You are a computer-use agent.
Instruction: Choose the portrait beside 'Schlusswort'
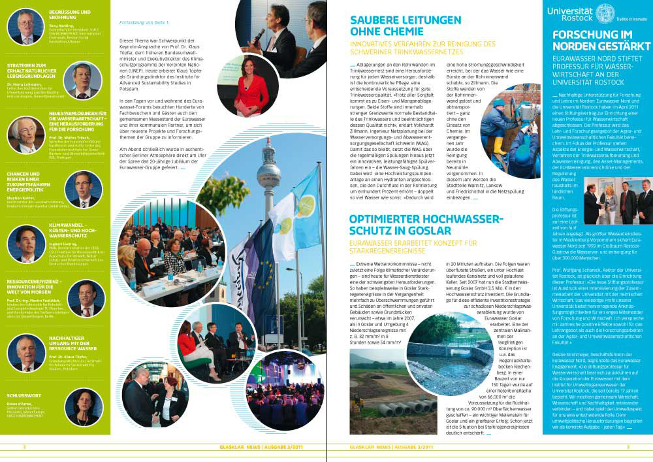(x=85, y=407)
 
